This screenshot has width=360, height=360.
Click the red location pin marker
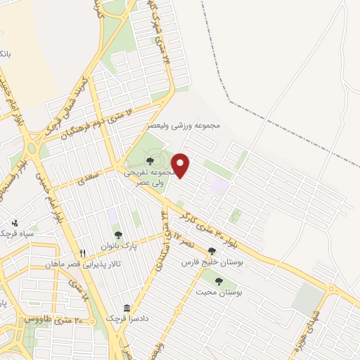coord(181,165)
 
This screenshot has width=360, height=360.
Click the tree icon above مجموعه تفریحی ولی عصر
coord(150,162)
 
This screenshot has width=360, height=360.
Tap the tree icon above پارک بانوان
coord(117,235)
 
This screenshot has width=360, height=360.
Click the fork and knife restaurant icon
coord(83,254)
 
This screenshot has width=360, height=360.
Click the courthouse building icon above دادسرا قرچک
coord(127,309)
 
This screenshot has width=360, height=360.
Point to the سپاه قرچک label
coord(17,232)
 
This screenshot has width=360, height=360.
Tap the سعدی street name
coord(88,176)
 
